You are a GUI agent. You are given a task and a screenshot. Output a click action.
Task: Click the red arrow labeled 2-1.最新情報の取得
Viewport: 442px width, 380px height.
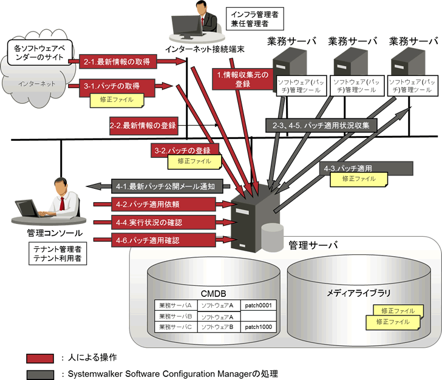(x=119, y=61)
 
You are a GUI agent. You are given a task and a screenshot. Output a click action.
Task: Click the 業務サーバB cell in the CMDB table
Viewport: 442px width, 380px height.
(x=175, y=316)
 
